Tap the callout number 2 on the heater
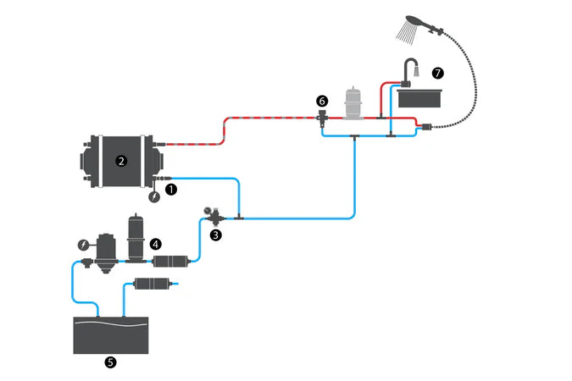pos(122,158)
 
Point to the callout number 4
pos(156,243)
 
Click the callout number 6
pos(321,101)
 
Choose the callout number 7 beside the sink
pos(436,73)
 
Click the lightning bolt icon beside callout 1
pos(153,198)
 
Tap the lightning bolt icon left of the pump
pos(82,245)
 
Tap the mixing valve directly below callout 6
pos(321,119)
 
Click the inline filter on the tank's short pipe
pos(154,282)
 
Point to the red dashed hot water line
pos(254,120)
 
